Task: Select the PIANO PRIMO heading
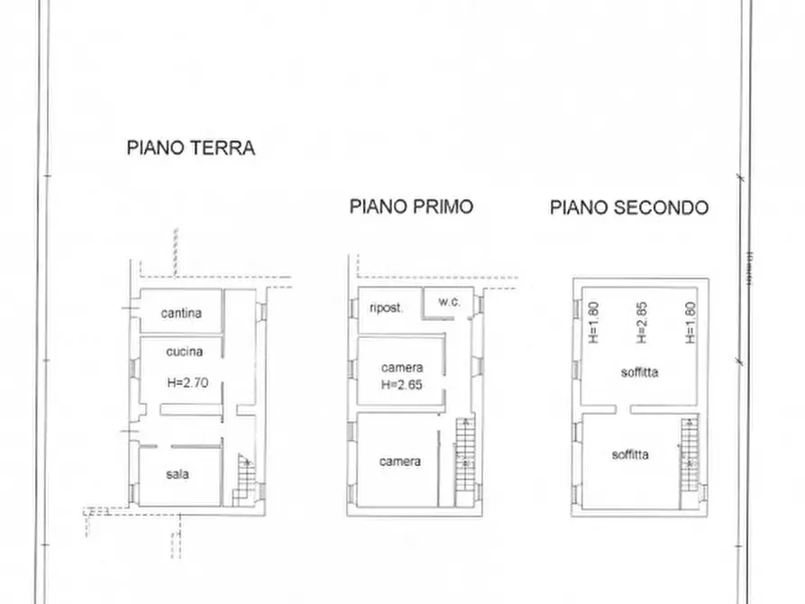pos(411,206)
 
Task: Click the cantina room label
pos(180,314)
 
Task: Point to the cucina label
pos(184,352)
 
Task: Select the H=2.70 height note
pos(187,382)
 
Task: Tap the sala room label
pos(178,474)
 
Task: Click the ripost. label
pos(386,306)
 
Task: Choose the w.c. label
pos(449,302)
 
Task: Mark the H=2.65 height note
pos(401,384)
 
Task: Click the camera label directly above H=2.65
pos(401,368)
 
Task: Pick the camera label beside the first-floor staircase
pos(399,462)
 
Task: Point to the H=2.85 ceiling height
pos(642,322)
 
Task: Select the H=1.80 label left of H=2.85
pos(593,322)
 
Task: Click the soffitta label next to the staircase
pos(629,455)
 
